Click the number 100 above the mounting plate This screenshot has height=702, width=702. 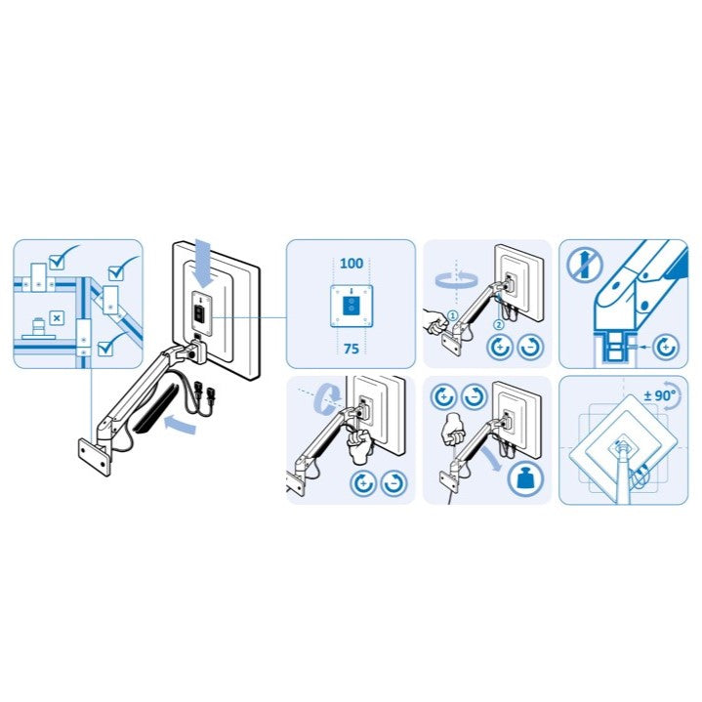pyautogui.click(x=351, y=264)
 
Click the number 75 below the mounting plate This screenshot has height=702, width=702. pyautogui.click(x=351, y=348)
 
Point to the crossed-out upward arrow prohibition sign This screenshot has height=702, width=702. pyautogui.click(x=581, y=264)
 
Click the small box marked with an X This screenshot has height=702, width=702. pyautogui.click(x=57, y=319)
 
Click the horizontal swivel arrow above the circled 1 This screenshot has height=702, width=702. pyautogui.click(x=454, y=279)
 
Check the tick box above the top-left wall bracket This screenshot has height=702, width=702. pyautogui.click(x=57, y=260)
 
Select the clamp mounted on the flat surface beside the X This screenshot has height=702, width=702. pyautogui.click(x=39, y=329)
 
